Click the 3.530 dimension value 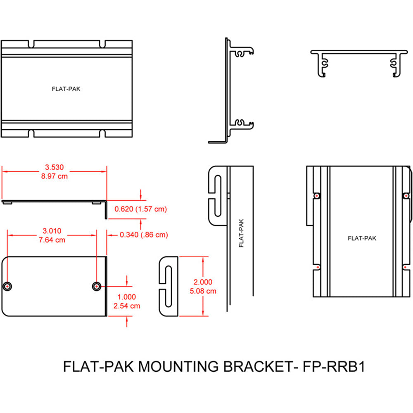(54, 167)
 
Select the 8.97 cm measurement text (54, 176)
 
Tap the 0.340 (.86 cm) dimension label (144, 235)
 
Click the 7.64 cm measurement (52, 240)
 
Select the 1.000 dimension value (126, 297)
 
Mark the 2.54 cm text (126, 306)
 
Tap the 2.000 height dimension (203, 282)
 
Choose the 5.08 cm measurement (203, 291)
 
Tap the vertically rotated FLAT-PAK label (241, 233)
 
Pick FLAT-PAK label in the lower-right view (362, 238)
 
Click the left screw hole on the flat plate (7, 286)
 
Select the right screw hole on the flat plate (97, 286)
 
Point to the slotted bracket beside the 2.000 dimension (169, 286)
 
